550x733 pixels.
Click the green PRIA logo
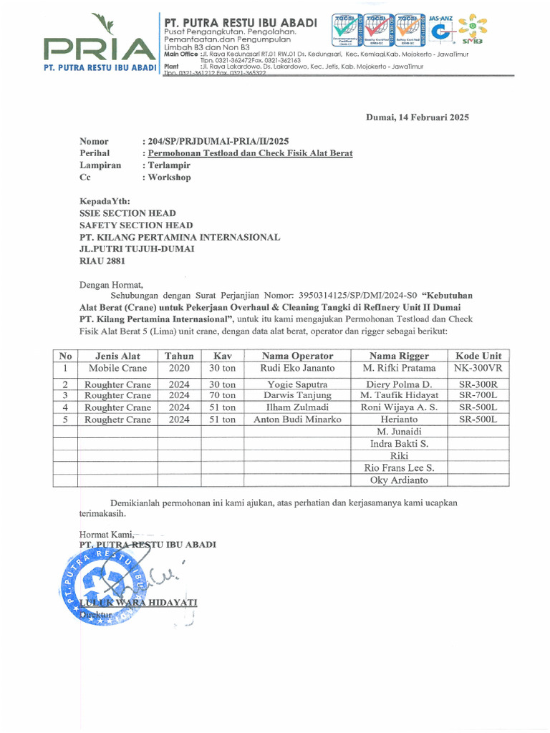tap(99, 44)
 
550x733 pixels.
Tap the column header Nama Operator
tap(297, 356)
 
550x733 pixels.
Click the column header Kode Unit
tap(478, 356)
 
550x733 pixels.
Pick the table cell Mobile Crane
tap(117, 368)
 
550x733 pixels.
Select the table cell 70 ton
tap(222, 395)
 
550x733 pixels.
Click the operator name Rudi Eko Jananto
tap(297, 368)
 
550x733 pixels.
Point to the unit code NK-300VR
tap(478, 368)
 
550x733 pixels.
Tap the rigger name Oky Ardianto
tap(398, 480)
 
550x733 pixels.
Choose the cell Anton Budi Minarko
tap(297, 419)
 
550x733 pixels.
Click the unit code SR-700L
tap(478, 395)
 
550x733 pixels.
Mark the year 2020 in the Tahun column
tap(179, 368)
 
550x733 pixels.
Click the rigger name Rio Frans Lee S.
tap(398, 468)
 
